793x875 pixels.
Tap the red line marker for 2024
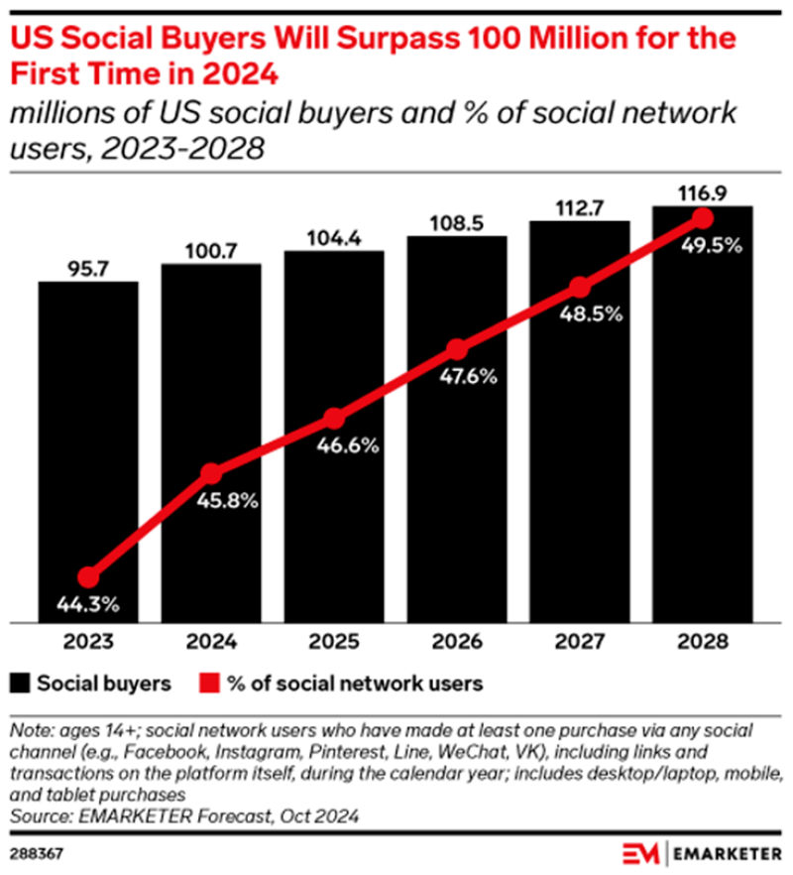(211, 473)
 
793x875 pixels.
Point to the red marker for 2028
(703, 218)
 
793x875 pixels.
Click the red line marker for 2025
(334, 418)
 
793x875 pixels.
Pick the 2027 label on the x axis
(580, 642)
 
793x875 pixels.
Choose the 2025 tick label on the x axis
(334, 642)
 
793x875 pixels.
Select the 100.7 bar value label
(211, 249)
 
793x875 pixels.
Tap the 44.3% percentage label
(88, 602)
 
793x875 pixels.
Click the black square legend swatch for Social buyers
(20, 684)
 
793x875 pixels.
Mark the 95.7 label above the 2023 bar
(88, 268)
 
